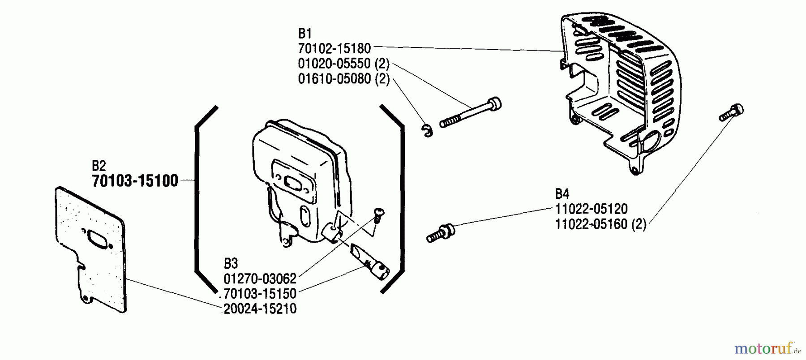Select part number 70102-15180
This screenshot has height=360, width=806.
pyautogui.click(x=334, y=48)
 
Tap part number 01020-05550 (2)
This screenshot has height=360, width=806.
pyautogui.click(x=343, y=64)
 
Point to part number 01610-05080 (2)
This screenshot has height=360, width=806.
pyautogui.click(x=343, y=79)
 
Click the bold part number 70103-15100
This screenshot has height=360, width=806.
pyautogui.click(x=135, y=181)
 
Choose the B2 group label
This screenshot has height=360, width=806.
pyautogui.click(x=99, y=166)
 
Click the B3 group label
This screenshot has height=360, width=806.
pyautogui.click(x=231, y=263)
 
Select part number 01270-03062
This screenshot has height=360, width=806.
pyautogui.click(x=260, y=279)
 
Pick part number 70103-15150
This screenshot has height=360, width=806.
pyautogui.click(x=260, y=294)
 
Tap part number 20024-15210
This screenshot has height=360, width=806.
pyautogui.click(x=260, y=309)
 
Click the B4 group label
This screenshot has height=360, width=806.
pyautogui.click(x=562, y=194)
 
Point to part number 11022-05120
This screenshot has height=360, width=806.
pyautogui.click(x=591, y=209)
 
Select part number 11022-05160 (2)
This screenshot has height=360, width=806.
pyautogui.click(x=600, y=224)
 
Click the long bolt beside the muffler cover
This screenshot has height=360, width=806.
pyautogui.click(x=470, y=112)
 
